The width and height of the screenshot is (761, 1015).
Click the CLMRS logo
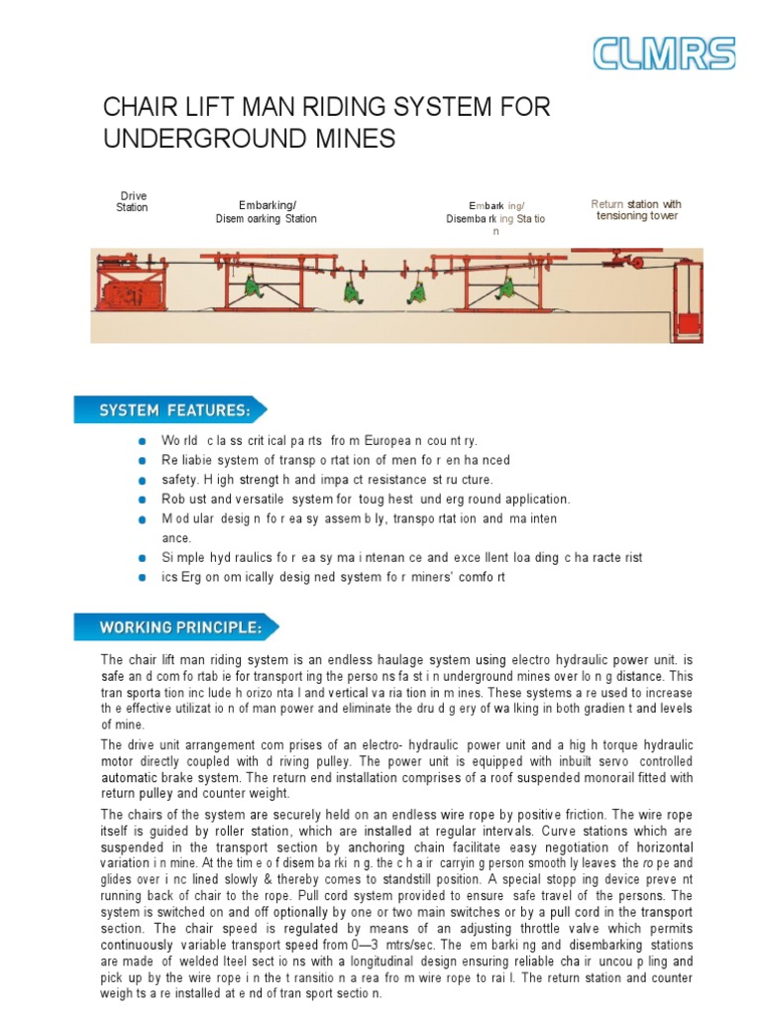click(664, 55)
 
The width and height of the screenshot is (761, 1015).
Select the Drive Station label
click(132, 202)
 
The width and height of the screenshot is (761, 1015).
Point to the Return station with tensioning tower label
click(636, 210)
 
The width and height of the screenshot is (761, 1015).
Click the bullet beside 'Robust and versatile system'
click(145, 500)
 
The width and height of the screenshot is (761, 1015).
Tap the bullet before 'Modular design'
click(145, 518)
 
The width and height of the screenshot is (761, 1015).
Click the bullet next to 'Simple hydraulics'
click(145, 558)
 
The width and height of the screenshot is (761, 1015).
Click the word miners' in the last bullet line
click(419, 577)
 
